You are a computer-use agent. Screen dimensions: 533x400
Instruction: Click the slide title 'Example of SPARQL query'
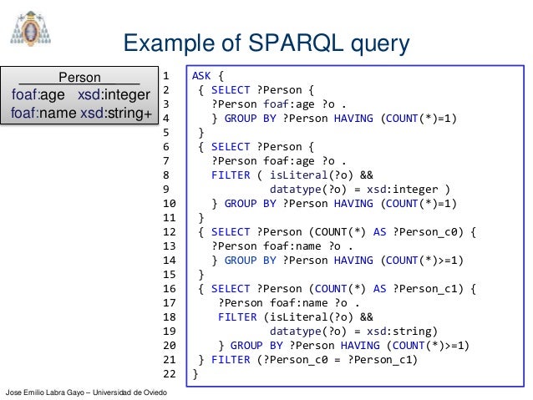point(266,43)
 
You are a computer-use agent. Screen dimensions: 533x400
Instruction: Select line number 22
point(168,374)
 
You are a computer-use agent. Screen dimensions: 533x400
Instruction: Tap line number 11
point(168,216)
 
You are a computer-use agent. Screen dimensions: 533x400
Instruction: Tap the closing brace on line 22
point(195,374)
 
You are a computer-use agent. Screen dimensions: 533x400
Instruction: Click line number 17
point(168,302)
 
